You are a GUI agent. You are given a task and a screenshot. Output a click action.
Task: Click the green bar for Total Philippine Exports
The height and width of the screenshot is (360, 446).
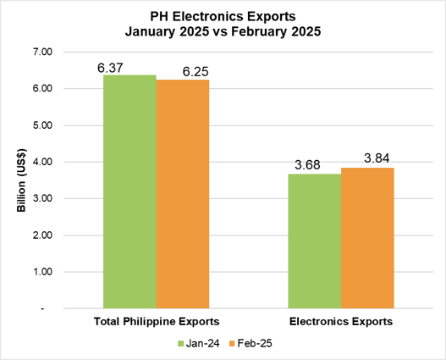pyautogui.click(x=129, y=192)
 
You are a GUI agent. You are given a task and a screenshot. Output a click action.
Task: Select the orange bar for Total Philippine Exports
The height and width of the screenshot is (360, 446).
pyautogui.click(x=182, y=194)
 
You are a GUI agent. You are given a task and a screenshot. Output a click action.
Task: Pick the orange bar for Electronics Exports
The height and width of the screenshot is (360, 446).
pyautogui.click(x=366, y=238)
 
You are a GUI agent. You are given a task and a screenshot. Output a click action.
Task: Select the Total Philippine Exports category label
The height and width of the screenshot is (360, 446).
pyautogui.click(x=156, y=322)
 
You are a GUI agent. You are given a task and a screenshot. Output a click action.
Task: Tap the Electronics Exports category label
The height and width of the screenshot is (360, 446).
pyautogui.click(x=340, y=322)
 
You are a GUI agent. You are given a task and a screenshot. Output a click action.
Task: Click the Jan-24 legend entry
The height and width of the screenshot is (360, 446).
pyautogui.click(x=200, y=343)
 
